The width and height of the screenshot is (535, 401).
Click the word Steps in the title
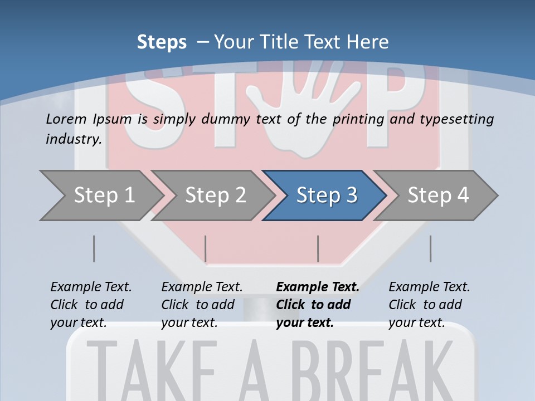pos(162,42)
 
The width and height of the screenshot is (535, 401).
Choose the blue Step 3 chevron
pos(326,195)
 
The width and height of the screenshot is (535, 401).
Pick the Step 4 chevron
pos(437,195)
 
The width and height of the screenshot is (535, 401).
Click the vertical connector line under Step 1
pos(94,248)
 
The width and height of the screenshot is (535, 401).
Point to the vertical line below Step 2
pos(206,248)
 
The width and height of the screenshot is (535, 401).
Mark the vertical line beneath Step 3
pos(318,248)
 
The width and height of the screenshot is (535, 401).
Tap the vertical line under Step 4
pos(430,248)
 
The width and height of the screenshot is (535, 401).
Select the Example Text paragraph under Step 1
pos(90,305)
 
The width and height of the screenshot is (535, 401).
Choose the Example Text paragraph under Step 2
pos(201,305)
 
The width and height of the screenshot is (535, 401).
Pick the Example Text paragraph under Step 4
pos(429,305)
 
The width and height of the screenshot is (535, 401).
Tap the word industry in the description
pos(73,139)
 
